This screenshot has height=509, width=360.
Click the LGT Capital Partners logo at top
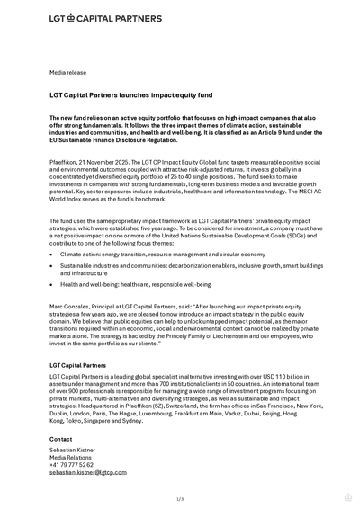105,18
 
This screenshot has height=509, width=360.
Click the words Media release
68,71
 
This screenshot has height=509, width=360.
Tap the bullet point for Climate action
52,254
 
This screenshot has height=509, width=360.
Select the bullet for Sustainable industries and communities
52,266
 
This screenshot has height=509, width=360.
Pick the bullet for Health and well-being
52,284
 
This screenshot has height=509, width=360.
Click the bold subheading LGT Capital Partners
77,366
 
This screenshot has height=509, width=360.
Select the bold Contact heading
61,439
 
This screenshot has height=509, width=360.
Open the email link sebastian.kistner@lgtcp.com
88,472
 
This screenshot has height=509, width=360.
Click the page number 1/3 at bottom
180,499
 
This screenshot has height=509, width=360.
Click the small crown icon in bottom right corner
348,497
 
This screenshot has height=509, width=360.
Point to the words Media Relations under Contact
72,457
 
